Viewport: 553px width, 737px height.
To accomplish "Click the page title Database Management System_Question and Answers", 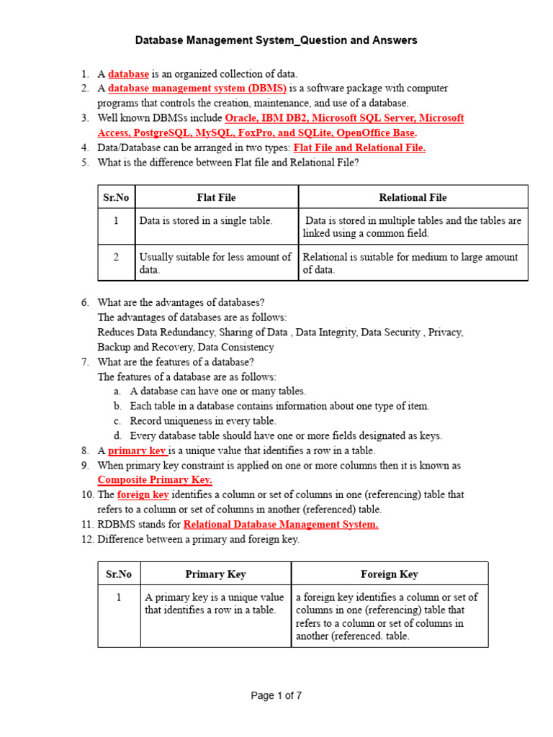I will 276,40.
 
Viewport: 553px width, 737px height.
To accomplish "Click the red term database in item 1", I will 128,73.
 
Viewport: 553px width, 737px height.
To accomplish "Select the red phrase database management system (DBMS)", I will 197,89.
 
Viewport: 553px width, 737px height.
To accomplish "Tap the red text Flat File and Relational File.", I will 359,148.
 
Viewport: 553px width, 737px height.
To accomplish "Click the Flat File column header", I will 216,197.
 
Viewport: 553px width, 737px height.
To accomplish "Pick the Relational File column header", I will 413,197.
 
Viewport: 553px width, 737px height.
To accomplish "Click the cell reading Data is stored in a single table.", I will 206,221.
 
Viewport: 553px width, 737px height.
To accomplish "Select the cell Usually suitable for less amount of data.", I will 215,263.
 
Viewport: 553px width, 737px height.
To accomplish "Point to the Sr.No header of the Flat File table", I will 116,197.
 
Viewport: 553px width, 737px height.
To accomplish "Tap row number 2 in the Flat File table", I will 116,257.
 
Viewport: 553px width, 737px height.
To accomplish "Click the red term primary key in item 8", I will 137,451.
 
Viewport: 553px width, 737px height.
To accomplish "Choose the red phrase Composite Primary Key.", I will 155,480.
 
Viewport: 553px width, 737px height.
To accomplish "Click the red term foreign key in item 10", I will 143,494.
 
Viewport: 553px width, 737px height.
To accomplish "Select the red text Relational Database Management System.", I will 281,525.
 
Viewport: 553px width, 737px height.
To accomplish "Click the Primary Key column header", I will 215,574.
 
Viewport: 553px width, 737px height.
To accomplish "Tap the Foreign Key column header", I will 389,574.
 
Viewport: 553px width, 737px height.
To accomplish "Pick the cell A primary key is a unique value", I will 215,603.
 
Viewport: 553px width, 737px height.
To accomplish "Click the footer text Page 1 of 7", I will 276,695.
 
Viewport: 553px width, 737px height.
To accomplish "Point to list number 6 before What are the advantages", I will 86,302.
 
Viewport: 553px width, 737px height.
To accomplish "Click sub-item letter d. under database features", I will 117,435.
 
